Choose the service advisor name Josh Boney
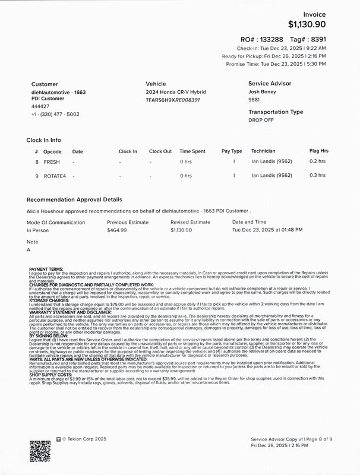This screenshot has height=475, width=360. [x=262, y=93]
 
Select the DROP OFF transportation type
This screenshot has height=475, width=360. [x=261, y=119]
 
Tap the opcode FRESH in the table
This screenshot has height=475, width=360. [x=52, y=161]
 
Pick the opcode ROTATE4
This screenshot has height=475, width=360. [x=55, y=176]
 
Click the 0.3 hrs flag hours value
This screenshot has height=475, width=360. [x=318, y=176]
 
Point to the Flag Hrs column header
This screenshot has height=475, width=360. [x=319, y=151]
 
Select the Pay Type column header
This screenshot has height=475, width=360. [x=232, y=151]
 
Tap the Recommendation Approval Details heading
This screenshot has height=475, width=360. [x=74, y=201]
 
